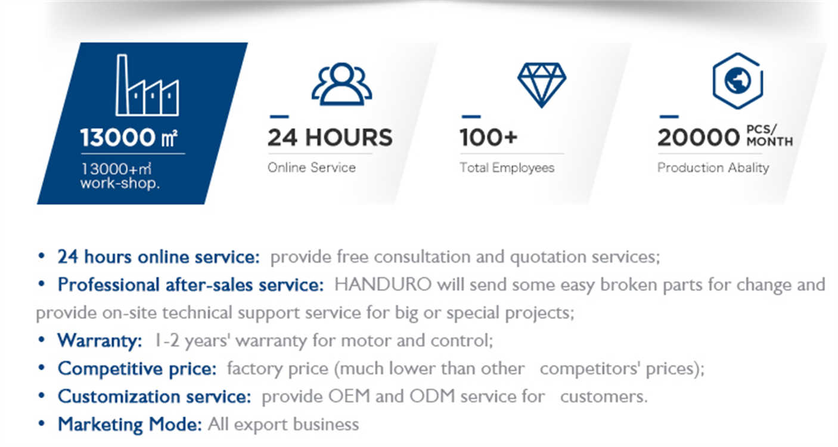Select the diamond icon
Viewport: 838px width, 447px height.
click(542, 85)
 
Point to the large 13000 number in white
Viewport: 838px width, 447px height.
click(117, 137)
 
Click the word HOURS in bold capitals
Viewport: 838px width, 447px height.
click(349, 137)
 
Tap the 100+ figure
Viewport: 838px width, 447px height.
click(489, 137)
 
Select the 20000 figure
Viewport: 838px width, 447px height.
click(699, 137)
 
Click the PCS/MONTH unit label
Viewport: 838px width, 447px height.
click(769, 135)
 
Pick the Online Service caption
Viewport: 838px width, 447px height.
click(312, 167)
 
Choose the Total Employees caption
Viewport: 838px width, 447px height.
click(507, 168)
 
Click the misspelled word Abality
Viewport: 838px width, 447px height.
click(747, 168)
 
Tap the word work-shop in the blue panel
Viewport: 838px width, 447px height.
click(120, 184)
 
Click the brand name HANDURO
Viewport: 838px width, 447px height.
click(383, 285)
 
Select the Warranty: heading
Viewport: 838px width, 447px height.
click(100, 340)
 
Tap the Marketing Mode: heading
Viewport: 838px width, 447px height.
click(130, 424)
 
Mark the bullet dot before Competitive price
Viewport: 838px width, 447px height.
click(42, 368)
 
